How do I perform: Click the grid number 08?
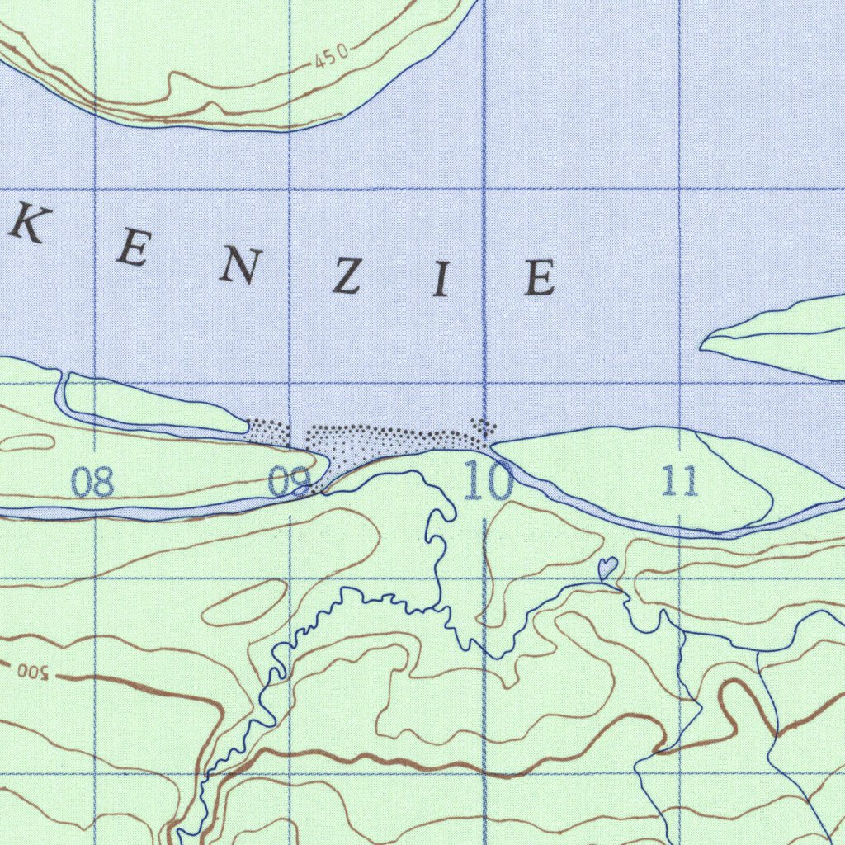click(x=92, y=481)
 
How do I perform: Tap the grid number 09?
click(x=289, y=481)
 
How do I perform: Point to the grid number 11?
click(x=680, y=481)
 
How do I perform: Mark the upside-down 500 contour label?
click(x=33, y=671)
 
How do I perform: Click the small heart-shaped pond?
click(x=607, y=568)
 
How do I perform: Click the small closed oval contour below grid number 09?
click(x=244, y=602)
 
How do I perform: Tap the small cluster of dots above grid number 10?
click(x=484, y=426)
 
